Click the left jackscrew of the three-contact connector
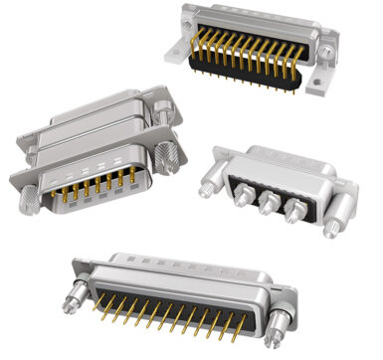coord(209,182)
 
